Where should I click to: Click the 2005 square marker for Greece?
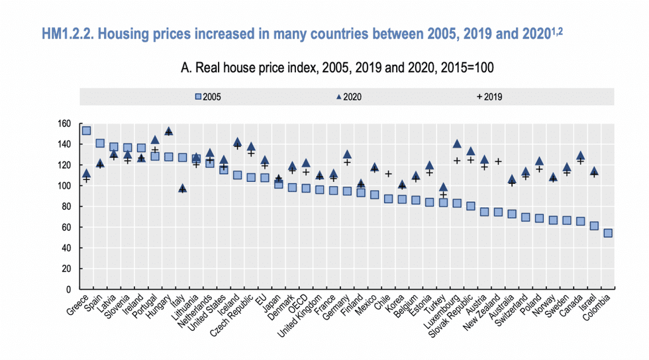point(86,130)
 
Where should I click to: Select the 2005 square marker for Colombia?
point(608,233)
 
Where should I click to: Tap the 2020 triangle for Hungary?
point(168,131)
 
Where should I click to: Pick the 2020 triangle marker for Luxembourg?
point(457,144)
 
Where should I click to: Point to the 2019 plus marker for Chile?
point(389,174)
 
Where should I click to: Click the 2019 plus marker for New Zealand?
point(498,161)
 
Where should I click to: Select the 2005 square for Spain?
point(100,143)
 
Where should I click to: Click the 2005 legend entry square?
point(198,97)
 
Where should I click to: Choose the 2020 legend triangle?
point(339,97)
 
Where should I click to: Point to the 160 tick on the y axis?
point(64,124)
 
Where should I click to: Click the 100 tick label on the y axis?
point(64,186)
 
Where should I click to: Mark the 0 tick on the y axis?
point(69,289)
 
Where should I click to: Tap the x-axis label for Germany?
point(336,308)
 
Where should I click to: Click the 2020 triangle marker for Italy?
point(182,188)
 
